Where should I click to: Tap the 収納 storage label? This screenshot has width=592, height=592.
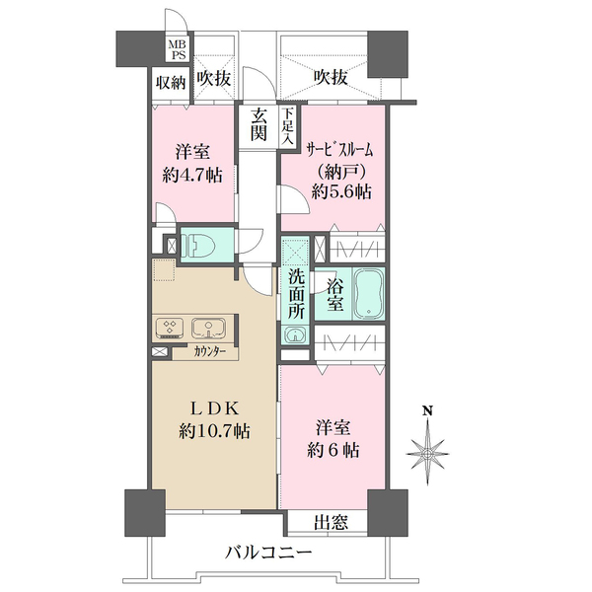tap(172, 83)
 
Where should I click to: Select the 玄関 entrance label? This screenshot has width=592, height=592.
tap(259, 124)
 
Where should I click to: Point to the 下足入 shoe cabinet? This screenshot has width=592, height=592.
tap(288, 126)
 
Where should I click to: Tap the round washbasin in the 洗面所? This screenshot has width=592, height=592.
tap(295, 334)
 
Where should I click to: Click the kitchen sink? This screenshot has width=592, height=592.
tap(209, 328)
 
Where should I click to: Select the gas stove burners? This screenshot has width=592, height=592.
tap(169, 327)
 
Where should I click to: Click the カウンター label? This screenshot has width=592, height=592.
tap(210, 352)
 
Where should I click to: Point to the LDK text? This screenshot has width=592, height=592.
tap(214, 408)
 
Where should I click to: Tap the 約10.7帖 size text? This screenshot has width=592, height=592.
tap(214, 431)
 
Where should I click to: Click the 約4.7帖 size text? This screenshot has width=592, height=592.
tap(192, 176)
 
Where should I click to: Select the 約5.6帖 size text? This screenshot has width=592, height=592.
tap(341, 191)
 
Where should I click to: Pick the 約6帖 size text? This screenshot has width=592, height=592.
tap(333, 450)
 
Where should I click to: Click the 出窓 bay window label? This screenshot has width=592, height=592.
tap(331, 523)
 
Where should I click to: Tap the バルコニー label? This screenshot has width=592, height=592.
tap(268, 554)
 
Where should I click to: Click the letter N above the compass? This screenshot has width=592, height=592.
tap(427, 410)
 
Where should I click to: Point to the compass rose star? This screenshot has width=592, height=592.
tap(428, 453)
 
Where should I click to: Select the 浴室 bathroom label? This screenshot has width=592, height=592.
tap(335, 295)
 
